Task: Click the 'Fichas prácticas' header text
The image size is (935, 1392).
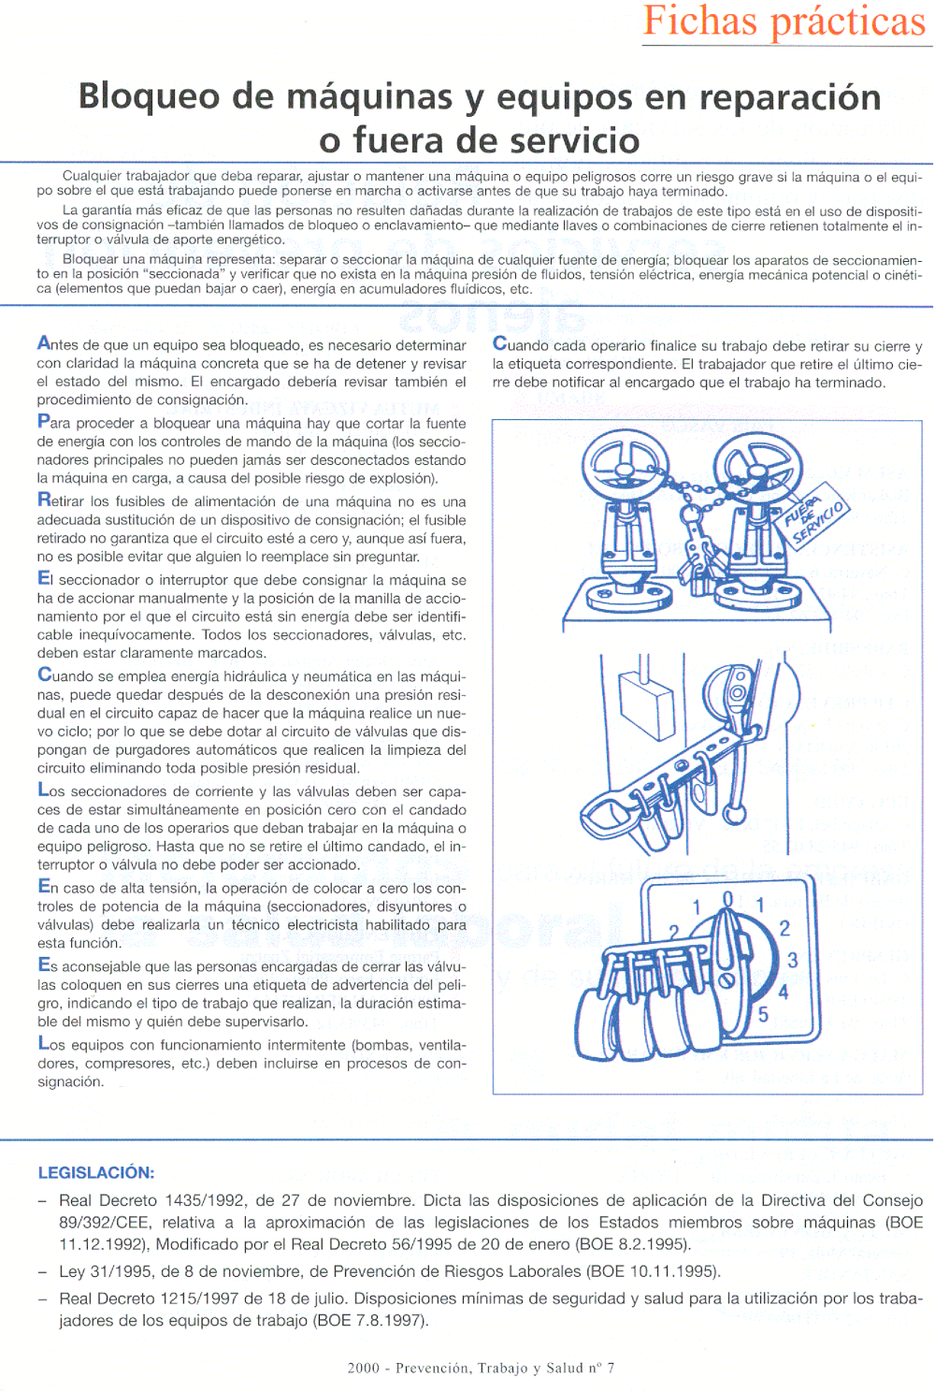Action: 784,22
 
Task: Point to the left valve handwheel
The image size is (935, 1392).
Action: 624,465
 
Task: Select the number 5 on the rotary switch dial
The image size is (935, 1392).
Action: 763,1014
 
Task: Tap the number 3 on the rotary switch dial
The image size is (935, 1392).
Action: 792,960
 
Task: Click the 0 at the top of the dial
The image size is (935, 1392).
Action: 728,900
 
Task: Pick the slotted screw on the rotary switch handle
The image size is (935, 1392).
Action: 726,980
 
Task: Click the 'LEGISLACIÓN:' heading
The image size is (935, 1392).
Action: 96,1172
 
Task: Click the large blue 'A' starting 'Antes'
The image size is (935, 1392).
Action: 44,343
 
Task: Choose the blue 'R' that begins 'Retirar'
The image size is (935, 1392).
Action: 44,500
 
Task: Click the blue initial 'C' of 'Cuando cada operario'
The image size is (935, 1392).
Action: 500,344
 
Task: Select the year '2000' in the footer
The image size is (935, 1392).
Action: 364,1368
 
